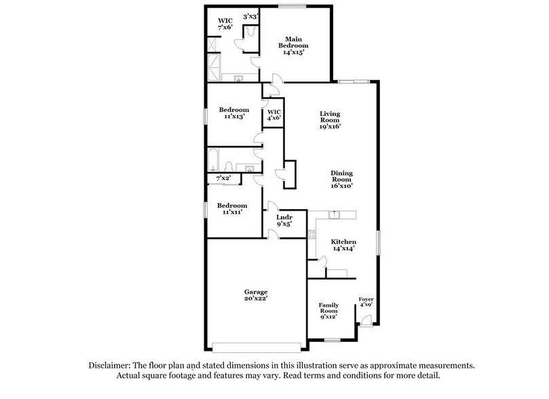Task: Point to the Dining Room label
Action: (342, 178)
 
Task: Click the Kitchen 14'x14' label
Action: (343, 246)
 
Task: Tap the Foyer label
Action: (366, 303)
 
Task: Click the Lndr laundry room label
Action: (284, 221)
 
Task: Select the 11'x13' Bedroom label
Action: (233, 113)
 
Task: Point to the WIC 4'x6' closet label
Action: (274, 115)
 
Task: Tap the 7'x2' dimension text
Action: (224, 178)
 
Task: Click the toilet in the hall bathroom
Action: (229, 166)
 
